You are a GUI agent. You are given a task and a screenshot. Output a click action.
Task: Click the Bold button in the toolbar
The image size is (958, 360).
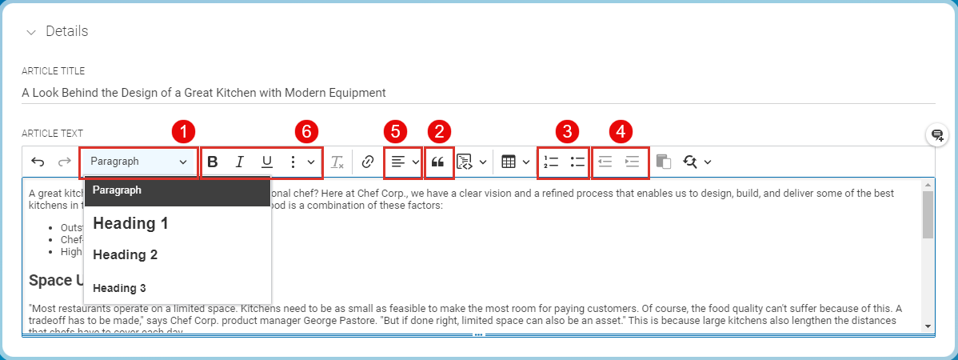[x=213, y=162]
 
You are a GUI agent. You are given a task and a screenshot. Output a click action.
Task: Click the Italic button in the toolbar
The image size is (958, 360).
[x=239, y=162]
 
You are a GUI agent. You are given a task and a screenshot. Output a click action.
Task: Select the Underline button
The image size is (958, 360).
[x=267, y=162]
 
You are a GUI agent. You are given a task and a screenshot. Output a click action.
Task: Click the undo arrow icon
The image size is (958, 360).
[x=38, y=162]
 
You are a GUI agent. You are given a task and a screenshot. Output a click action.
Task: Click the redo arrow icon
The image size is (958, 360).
[x=64, y=162]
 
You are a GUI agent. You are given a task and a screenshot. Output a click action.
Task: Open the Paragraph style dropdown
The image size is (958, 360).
[x=138, y=162]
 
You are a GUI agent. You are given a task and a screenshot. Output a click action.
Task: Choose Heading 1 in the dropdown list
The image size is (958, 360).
[x=130, y=223]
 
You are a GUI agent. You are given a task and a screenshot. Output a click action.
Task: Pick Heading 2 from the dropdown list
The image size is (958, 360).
[x=125, y=255]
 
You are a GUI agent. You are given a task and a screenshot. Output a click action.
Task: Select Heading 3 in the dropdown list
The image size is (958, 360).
[x=119, y=288]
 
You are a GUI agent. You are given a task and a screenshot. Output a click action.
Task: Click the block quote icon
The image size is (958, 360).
[x=437, y=162]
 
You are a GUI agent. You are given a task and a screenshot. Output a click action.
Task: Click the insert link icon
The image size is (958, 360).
[x=368, y=162]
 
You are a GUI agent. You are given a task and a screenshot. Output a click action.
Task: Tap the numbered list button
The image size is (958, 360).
[x=550, y=162]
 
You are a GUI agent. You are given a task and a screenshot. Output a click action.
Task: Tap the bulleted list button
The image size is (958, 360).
[x=577, y=162]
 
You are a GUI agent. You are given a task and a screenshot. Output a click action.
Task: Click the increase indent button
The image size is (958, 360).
[x=633, y=162]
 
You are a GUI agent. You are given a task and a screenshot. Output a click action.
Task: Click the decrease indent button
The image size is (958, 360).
[x=605, y=162]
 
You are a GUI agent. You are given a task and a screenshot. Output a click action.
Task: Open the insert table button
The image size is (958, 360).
[x=509, y=162]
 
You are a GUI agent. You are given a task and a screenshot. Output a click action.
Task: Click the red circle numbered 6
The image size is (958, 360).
[x=305, y=131]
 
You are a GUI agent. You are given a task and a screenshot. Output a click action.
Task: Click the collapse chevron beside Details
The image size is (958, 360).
[x=31, y=32]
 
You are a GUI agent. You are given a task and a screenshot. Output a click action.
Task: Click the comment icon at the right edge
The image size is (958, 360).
[x=937, y=135]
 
